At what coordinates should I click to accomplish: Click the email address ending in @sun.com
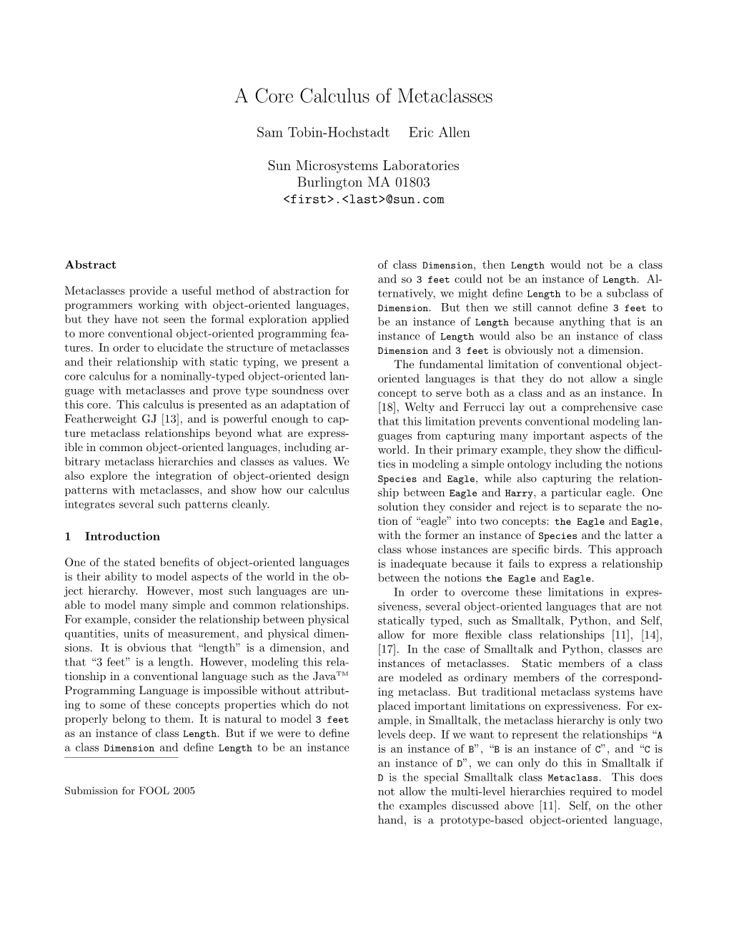click(x=364, y=199)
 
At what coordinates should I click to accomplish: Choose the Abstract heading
click(x=90, y=265)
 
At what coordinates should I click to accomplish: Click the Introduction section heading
click(x=122, y=536)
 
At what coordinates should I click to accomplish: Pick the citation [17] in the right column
click(x=388, y=650)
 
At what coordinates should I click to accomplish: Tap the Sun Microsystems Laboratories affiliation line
click(x=364, y=165)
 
